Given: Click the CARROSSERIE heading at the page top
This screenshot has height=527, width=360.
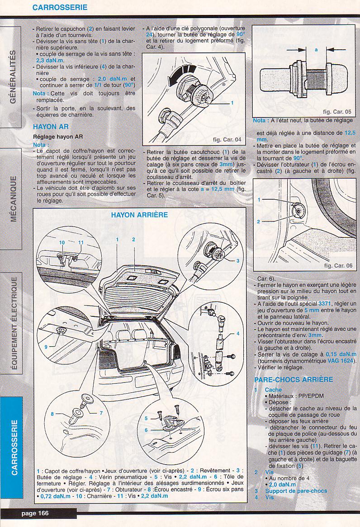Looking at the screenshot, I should (60, 7).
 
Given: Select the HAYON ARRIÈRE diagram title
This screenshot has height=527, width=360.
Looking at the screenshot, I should (139, 215).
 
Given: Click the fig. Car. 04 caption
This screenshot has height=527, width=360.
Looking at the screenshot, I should (227, 139).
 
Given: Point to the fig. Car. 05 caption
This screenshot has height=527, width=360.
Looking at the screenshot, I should (337, 111).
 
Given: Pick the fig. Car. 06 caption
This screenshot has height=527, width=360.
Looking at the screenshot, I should (338, 266).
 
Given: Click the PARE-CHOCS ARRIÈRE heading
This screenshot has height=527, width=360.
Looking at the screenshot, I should (294, 380).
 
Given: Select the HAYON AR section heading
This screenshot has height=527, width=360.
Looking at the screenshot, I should (51, 127).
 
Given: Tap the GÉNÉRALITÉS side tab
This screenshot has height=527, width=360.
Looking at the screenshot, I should (13, 77).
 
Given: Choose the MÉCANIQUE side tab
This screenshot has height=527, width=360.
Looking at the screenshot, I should (13, 198).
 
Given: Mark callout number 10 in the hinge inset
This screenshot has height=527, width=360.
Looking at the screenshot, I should (62, 243).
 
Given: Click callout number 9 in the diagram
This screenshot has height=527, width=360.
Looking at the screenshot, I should (46, 347).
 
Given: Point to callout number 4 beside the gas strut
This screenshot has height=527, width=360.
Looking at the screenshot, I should (237, 334).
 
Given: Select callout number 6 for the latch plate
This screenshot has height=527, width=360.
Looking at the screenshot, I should (147, 430).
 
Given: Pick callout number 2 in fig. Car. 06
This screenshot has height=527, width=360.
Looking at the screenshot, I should (259, 221).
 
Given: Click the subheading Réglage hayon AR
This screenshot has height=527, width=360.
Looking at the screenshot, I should (58, 136).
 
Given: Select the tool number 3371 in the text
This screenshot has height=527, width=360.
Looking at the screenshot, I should (324, 304).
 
